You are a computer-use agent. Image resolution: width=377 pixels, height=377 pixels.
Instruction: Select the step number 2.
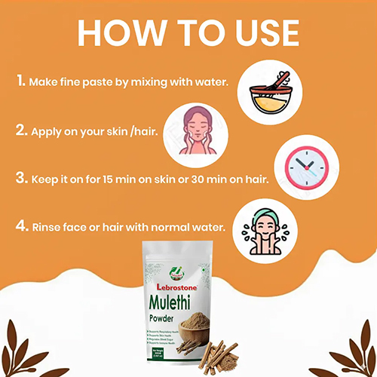[x=20, y=130]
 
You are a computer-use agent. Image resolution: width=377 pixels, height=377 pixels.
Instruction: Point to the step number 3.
[x=20, y=180]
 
